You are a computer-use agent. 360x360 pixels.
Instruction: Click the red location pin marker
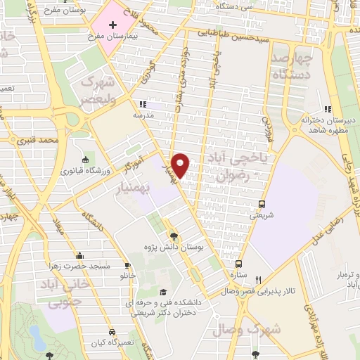181,165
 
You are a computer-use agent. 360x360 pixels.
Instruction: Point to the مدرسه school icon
143,104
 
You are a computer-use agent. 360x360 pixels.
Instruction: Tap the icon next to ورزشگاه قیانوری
86,160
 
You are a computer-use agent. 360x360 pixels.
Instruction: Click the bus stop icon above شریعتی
262,204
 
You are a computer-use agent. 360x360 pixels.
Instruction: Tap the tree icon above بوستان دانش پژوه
174,236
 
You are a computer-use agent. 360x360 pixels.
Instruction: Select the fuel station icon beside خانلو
128,266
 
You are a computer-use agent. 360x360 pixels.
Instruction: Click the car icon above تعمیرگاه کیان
112,331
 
